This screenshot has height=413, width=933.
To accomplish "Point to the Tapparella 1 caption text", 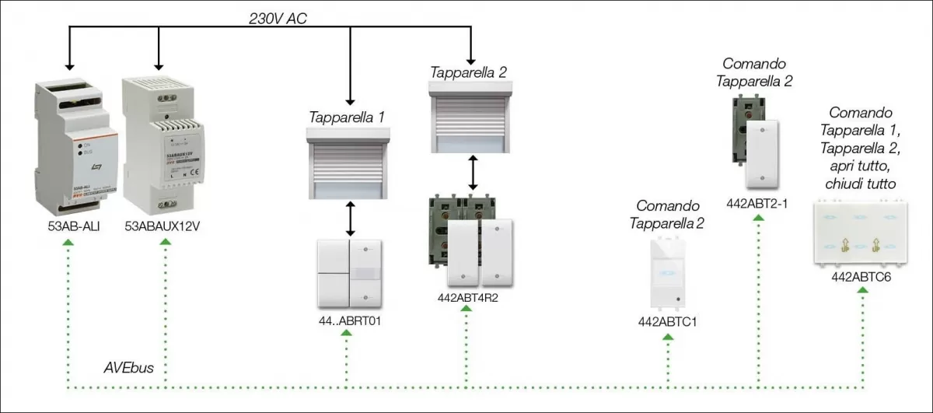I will (x=347, y=117).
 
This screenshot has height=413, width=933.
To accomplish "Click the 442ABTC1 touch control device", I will (x=666, y=272).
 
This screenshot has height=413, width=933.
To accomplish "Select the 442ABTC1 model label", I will (x=666, y=320).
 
